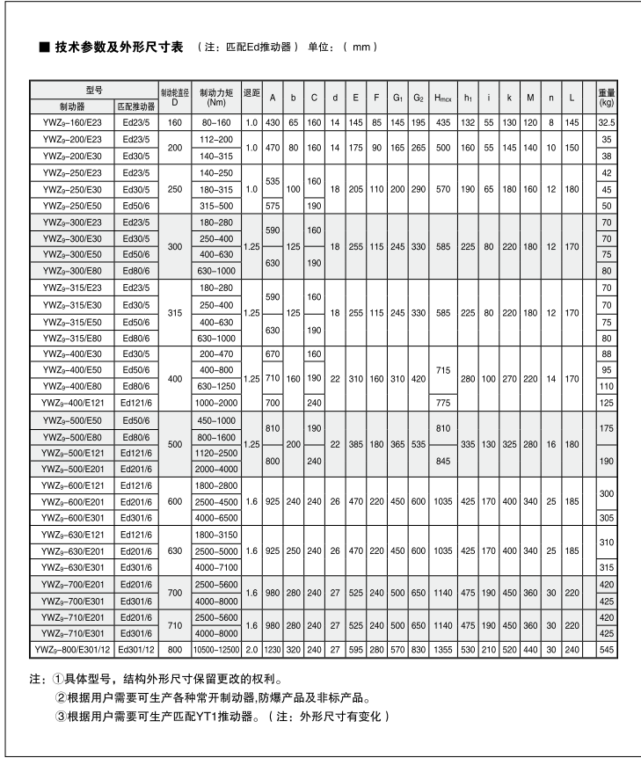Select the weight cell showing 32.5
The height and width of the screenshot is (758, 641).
(606, 121)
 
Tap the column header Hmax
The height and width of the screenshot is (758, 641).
(443, 97)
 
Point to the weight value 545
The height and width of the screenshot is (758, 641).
(606, 650)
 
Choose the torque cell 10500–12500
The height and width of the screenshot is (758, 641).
(215, 650)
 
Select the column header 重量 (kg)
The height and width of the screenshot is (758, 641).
(606, 97)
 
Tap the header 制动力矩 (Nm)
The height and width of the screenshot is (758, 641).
(215, 97)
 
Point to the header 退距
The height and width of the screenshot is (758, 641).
(251, 97)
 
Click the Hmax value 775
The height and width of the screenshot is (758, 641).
(443, 401)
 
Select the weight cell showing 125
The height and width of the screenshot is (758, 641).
(606, 401)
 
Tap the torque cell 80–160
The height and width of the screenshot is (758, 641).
(215, 121)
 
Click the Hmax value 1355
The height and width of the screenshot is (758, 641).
(443, 650)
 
